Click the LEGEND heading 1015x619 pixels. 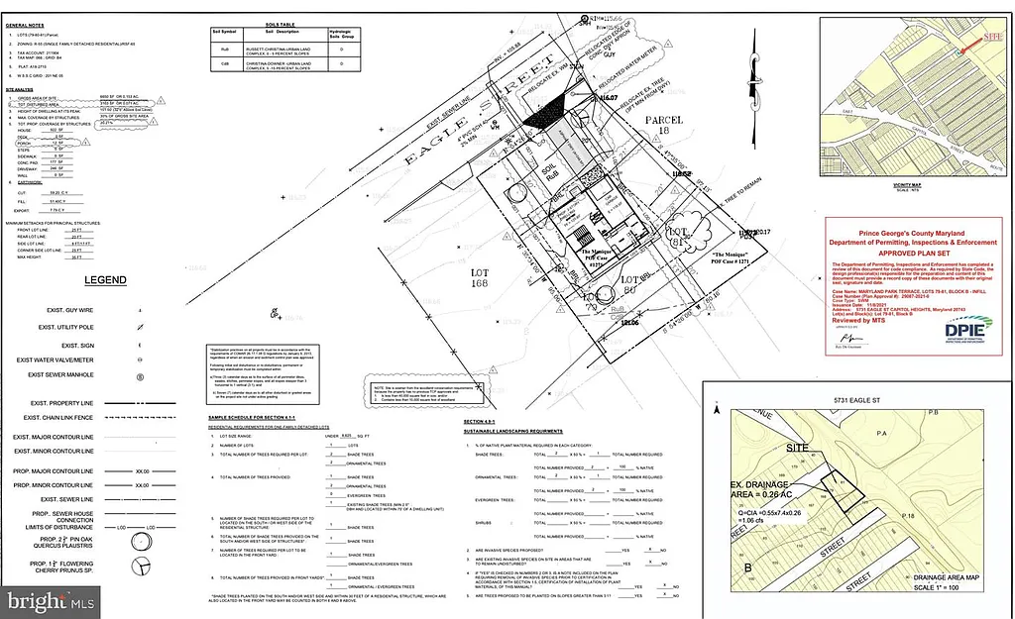click(x=104, y=280)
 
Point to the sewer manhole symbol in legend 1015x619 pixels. click(x=140, y=376)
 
